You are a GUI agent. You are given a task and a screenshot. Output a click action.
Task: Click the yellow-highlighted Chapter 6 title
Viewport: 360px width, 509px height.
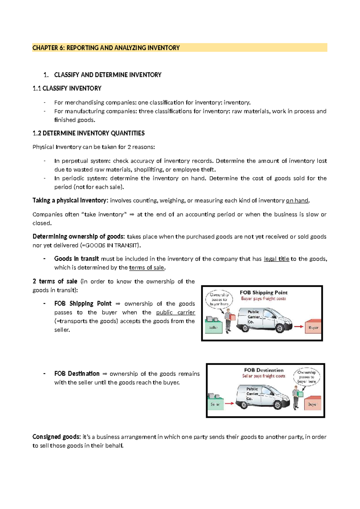tap(106, 48)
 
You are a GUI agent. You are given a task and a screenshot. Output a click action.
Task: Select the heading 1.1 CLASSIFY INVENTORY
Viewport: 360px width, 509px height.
tap(67, 88)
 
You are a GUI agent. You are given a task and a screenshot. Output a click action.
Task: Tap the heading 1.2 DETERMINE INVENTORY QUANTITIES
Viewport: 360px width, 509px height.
tap(88, 133)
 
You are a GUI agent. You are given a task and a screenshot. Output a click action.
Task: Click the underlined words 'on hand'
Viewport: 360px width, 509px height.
tap(297, 200)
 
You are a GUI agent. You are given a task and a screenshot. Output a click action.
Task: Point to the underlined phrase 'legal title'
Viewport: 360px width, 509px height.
tap(276, 259)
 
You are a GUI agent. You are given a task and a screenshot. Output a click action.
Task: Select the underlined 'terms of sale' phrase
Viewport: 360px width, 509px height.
tap(146, 267)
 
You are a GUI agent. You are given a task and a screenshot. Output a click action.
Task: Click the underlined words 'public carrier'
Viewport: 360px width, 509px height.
tap(175, 312)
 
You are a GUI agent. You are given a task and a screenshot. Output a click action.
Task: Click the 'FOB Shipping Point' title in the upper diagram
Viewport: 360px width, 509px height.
tap(263, 292)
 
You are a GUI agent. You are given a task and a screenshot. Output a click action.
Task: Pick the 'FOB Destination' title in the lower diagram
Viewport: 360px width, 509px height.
tap(263, 370)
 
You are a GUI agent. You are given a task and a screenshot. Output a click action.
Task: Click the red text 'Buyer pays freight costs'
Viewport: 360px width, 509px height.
tap(263, 299)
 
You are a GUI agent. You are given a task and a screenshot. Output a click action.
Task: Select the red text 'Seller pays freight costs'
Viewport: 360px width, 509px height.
tap(263, 376)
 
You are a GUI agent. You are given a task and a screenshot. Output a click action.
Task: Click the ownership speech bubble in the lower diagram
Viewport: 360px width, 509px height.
tap(306, 377)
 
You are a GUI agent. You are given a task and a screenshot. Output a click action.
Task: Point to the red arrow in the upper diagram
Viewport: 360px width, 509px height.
tap(298, 327)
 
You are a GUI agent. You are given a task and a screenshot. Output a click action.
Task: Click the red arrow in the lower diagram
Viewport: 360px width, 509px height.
tap(229, 403)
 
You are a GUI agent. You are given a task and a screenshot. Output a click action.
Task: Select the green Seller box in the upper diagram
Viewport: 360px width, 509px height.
tap(213, 327)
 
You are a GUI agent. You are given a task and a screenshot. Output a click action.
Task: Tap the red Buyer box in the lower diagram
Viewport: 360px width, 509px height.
tap(313, 404)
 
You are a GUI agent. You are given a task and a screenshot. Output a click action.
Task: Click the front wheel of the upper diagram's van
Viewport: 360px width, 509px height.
tap(280, 328)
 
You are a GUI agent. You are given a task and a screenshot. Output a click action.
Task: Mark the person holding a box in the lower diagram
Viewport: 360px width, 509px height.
tap(296, 397)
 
